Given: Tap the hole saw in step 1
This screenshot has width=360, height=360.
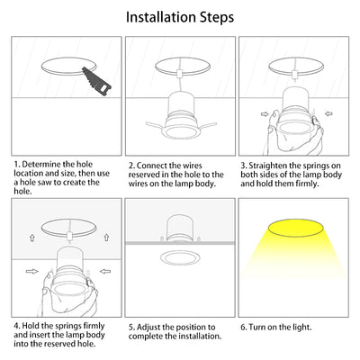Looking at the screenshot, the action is (96, 82).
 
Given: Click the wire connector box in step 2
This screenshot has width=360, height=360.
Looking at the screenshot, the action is (180, 74).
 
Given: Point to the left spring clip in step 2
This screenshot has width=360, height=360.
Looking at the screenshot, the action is (156, 124).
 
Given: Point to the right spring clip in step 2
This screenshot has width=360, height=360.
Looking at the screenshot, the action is (206, 125).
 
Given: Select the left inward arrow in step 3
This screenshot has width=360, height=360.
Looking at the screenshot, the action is (265, 114).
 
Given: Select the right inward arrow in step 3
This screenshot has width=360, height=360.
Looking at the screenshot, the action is (328, 114).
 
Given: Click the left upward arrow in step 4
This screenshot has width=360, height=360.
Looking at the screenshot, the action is (32, 238).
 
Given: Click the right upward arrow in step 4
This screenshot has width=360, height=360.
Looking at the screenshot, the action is (106, 238).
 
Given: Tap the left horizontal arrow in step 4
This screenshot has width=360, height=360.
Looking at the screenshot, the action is (32, 272).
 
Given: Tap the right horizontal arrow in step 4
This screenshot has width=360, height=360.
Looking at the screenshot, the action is (105, 272).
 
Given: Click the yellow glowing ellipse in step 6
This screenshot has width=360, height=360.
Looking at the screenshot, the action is (296, 228).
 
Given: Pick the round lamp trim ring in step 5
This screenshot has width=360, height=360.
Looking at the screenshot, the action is (180, 258).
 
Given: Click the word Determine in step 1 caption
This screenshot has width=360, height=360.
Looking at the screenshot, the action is (42, 165).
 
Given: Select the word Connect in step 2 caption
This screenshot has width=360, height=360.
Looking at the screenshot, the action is (152, 166).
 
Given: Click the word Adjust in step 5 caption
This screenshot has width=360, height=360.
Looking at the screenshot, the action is (148, 328).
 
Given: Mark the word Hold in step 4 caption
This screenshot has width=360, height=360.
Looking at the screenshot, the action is (31, 326).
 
